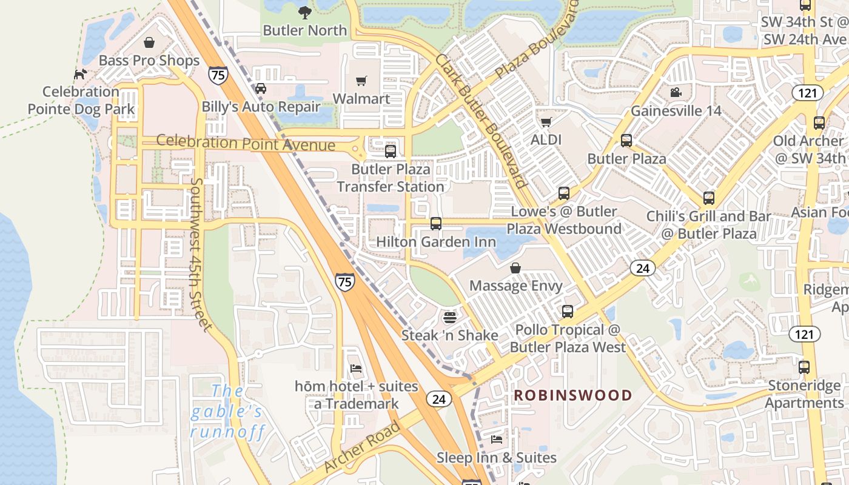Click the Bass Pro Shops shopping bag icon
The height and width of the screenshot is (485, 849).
pos(149,42)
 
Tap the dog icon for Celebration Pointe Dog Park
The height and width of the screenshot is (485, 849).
pos(80,74)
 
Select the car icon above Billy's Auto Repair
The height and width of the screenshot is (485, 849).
pos(261,89)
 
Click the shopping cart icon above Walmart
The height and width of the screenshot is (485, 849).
pos(361,81)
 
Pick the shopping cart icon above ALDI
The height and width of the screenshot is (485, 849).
pos(546,122)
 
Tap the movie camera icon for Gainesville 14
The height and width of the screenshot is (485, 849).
pos(676,93)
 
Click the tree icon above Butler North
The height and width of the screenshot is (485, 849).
pos(304,12)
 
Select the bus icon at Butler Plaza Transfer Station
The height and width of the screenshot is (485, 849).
pos(391,151)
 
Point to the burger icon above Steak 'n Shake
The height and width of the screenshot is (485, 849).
pos(449,316)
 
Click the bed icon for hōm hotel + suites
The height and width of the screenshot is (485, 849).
pos(356,369)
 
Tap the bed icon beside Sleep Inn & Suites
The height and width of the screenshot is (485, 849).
pos(497,439)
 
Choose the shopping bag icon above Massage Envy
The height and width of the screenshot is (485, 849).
pos(515,267)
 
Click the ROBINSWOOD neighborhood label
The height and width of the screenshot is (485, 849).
pos(573,395)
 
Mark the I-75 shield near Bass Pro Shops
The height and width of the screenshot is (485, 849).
pos(218,75)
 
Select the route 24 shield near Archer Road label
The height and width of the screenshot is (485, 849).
pos(438,398)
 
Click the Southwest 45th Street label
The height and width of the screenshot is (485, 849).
pos(203,255)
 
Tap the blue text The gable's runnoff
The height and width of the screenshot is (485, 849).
pos(227,412)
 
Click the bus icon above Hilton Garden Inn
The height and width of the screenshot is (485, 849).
pos(435,224)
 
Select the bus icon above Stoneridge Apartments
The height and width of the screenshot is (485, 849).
pos(804,367)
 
